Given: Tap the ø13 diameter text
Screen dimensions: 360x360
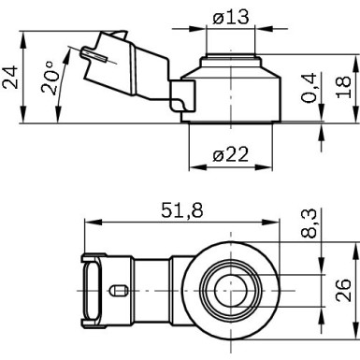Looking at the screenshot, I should [x=229, y=15].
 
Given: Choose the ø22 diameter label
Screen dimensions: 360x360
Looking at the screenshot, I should [x=230, y=156].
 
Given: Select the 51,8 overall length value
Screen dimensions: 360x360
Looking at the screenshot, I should [x=183, y=211].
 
